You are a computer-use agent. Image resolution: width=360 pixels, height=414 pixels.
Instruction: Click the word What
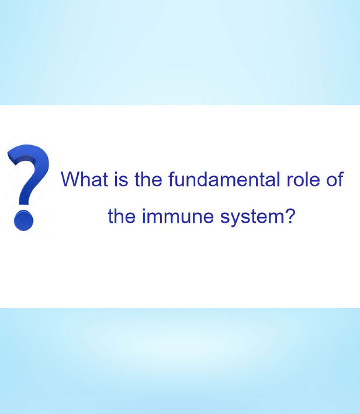[x=85, y=179]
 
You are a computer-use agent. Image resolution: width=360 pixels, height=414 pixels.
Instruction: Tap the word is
[x=121, y=179]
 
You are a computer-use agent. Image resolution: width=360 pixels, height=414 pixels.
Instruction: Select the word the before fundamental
[x=148, y=179]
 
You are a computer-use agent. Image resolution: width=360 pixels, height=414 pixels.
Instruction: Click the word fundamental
[x=224, y=179]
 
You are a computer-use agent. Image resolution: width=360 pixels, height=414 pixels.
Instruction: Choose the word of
[x=335, y=179]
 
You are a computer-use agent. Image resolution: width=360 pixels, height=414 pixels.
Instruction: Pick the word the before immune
[x=122, y=216]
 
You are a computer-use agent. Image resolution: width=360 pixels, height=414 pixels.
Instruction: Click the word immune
[x=178, y=216]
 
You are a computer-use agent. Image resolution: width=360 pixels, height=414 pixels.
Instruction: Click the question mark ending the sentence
[x=289, y=215]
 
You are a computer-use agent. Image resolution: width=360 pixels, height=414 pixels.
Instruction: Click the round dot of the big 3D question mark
[x=23, y=220]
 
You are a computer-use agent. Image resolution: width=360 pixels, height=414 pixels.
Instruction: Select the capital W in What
[x=71, y=179]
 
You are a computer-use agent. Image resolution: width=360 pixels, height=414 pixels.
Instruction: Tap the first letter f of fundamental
[x=172, y=179]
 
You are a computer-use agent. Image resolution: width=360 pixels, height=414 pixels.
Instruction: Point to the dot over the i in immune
[x=144, y=209]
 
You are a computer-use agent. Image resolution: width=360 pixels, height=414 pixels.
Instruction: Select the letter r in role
[x=289, y=181]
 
